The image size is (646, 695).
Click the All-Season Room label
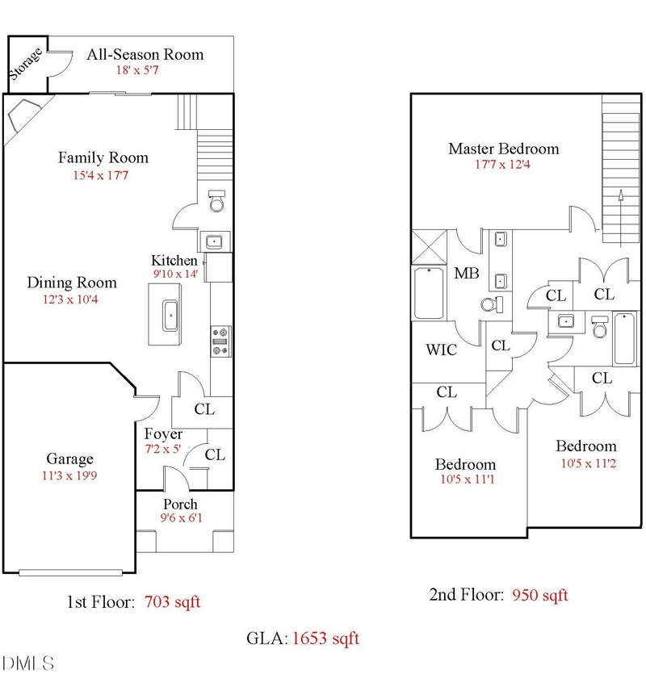point(145,55)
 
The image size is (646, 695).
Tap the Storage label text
point(26,64)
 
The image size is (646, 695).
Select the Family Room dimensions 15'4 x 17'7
point(101,175)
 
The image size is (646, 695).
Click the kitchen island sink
point(170,316)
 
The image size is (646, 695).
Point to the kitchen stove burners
point(220,341)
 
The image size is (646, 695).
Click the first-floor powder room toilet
point(216,201)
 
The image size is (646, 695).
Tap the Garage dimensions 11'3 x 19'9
point(69,475)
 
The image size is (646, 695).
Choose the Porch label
point(180,504)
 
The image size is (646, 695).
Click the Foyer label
point(163,434)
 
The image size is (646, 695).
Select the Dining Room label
point(72,283)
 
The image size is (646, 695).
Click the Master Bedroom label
point(504,149)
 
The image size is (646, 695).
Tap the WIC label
point(441,350)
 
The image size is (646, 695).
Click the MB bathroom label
point(467,273)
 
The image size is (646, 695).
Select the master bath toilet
point(492,304)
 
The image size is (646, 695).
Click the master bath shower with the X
point(429,247)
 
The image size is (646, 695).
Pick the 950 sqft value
point(539,595)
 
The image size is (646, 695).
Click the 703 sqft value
point(172,602)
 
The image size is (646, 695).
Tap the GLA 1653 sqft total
point(303,638)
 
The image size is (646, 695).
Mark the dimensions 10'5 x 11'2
point(589,463)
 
